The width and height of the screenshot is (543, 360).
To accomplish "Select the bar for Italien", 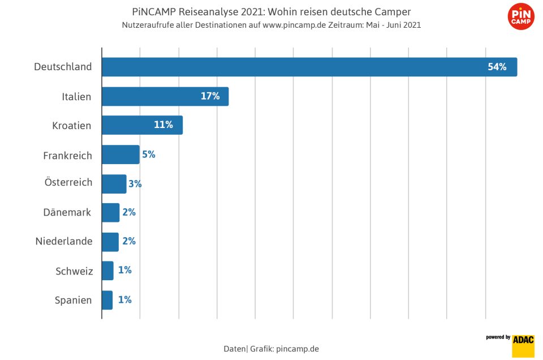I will (x=165, y=96).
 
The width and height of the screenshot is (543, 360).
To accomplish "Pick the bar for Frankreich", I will (x=120, y=155).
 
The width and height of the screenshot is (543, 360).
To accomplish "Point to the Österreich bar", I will (x=114, y=184).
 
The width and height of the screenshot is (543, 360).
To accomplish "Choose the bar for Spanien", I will (x=107, y=300).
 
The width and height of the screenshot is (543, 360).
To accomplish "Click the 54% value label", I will (x=497, y=67).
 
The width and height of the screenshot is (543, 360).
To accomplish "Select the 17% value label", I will (x=210, y=96).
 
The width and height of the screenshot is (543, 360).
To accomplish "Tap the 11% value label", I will (x=163, y=125).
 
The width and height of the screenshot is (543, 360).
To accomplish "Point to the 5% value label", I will (x=149, y=155).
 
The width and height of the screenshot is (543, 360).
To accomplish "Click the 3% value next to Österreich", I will (x=135, y=184).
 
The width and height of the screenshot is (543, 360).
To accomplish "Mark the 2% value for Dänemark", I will (x=129, y=213).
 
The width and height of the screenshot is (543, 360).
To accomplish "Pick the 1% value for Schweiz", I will (x=124, y=271).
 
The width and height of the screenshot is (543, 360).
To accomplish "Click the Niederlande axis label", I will (x=64, y=242).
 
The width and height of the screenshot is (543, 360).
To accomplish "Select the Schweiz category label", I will (x=74, y=271).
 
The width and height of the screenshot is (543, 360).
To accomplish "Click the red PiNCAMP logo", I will (x=521, y=17).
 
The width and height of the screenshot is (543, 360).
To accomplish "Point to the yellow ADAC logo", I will (x=523, y=345).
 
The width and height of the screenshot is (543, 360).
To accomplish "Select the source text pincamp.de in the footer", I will (x=297, y=349).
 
